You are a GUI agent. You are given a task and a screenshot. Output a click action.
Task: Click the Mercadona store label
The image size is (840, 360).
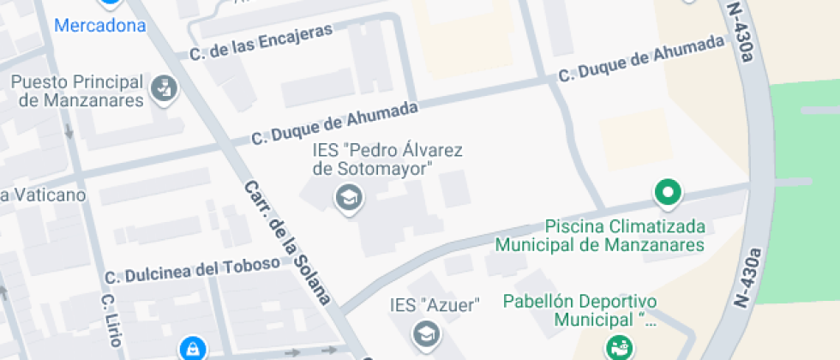tap(99, 25)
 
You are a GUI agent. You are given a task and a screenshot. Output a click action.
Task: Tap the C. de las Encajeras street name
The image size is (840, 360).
tap(261, 42)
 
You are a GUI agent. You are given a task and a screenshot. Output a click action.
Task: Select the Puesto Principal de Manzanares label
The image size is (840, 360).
tap(75, 91)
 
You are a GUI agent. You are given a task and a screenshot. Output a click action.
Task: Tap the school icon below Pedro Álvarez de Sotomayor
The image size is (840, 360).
tap(348, 200)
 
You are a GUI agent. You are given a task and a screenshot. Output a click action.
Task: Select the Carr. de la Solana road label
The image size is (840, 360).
tap(286, 243)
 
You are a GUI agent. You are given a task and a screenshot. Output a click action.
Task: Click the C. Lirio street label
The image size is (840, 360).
tap(108, 321)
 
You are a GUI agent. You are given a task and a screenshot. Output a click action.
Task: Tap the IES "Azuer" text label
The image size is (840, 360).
tap(434, 304)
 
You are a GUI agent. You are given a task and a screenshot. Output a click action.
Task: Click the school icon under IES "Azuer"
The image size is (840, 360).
tap(423, 333)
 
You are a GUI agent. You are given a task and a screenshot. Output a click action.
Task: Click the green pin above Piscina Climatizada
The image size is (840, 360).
tap(668, 193)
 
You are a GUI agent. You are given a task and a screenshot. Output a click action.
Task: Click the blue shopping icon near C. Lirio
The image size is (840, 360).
tap(192, 347)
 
